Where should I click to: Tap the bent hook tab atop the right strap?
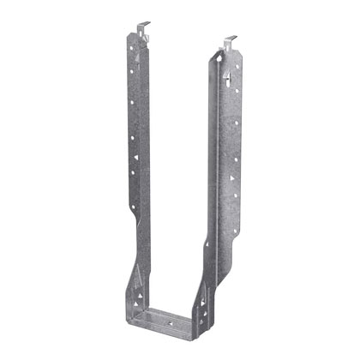(229, 40)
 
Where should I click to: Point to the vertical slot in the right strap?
(231, 79)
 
